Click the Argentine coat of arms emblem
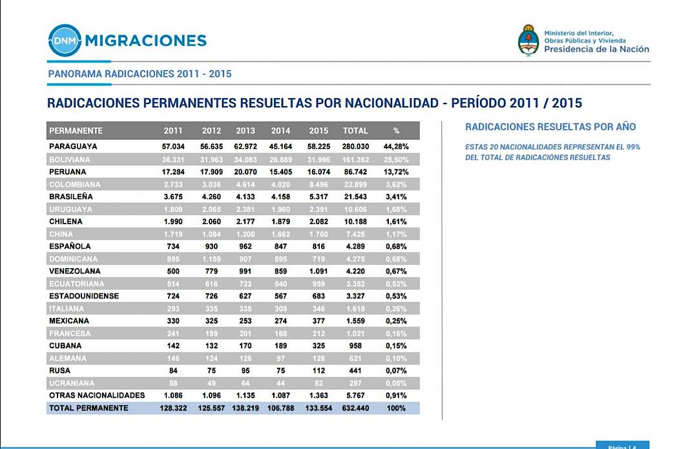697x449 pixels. pos(528,40)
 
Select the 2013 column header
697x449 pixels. pos(245,131)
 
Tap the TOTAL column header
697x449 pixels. pos(355,131)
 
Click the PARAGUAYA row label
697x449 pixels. pos(73,147)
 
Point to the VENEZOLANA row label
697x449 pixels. pos(75,271)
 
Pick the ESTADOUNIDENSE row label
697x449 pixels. pos(84,296)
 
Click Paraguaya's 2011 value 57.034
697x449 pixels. pos(173,147)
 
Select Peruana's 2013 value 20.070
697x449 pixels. pos(245,172)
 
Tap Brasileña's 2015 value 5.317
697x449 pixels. pos(319,196)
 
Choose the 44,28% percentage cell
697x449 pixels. pos(396,147)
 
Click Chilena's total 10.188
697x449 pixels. pos(355,222)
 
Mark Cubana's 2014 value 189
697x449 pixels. pos(281,346)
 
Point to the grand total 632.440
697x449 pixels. pos(355,408)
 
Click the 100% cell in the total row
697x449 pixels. pos(396,408)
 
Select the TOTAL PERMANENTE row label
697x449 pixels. pos(88,408)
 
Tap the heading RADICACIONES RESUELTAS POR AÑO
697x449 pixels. pos(550,127)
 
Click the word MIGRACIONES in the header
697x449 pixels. pos(145,41)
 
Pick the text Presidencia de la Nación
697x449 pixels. pos(596,49)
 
